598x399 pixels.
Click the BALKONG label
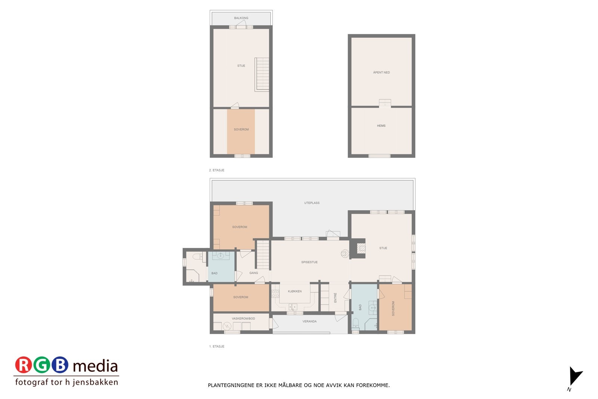click(241, 18)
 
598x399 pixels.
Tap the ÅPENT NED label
click(381, 73)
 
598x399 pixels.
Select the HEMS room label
click(381, 126)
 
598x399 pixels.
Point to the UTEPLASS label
click(312, 203)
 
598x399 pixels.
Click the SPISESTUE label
click(309, 262)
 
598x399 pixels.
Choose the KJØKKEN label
click(295, 291)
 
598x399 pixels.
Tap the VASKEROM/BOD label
click(243, 319)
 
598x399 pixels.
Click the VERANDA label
click(309, 322)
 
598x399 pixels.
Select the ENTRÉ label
click(335, 298)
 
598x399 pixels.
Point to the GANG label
click(254, 273)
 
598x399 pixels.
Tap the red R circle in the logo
click(24, 365)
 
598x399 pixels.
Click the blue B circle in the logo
click(60, 365)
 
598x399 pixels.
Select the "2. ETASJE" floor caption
click(217, 170)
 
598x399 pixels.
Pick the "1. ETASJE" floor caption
click(217, 347)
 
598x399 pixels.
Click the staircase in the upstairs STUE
click(262, 74)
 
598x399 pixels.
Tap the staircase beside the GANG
click(263, 254)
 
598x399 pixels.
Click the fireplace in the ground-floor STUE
click(361, 248)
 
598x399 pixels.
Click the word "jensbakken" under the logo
click(98, 382)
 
